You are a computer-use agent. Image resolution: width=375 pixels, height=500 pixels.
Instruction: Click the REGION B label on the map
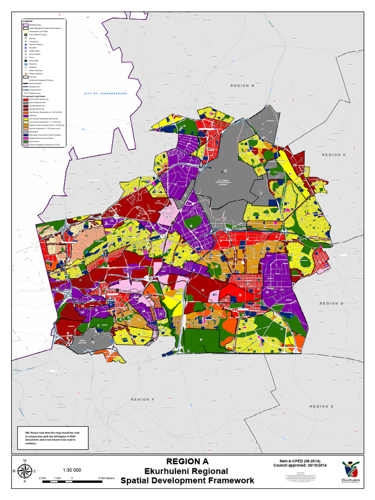click(x=242, y=85)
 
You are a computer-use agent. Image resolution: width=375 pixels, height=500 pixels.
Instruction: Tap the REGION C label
click(x=333, y=155)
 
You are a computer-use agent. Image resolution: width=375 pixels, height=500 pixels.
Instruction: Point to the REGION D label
click(x=332, y=303)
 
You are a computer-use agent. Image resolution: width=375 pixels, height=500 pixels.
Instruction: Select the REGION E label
click(x=321, y=406)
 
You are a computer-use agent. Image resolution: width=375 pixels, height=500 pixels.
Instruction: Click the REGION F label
click(x=142, y=399)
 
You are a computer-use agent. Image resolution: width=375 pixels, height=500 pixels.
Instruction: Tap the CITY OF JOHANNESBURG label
click(x=105, y=93)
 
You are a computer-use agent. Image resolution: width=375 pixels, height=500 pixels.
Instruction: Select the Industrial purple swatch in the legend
click(x=25, y=116)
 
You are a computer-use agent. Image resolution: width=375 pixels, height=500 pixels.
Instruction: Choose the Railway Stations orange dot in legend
click(x=25, y=73)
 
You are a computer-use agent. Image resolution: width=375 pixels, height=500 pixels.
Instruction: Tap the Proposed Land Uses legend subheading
click(x=34, y=97)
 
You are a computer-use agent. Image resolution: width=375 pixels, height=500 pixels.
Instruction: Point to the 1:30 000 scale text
click(x=71, y=470)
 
